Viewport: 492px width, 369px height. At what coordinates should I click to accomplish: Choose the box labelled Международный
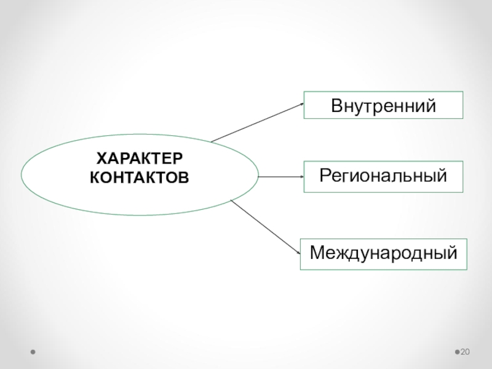pos(384,253)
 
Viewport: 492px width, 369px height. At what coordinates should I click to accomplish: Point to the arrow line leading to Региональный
pos(280,177)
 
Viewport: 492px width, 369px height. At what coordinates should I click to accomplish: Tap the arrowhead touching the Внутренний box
pos(302,103)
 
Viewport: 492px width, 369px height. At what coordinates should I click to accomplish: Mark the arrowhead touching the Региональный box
pos(303,177)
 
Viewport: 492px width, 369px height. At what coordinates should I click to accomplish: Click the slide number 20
pos(466,351)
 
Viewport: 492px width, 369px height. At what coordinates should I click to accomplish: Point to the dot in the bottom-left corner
pos(33,352)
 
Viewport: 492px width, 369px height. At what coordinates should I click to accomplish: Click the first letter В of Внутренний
pos(336,105)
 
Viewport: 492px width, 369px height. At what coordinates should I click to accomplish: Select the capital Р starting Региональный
pos(325,177)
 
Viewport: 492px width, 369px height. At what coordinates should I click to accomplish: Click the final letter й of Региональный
pos(440,177)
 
